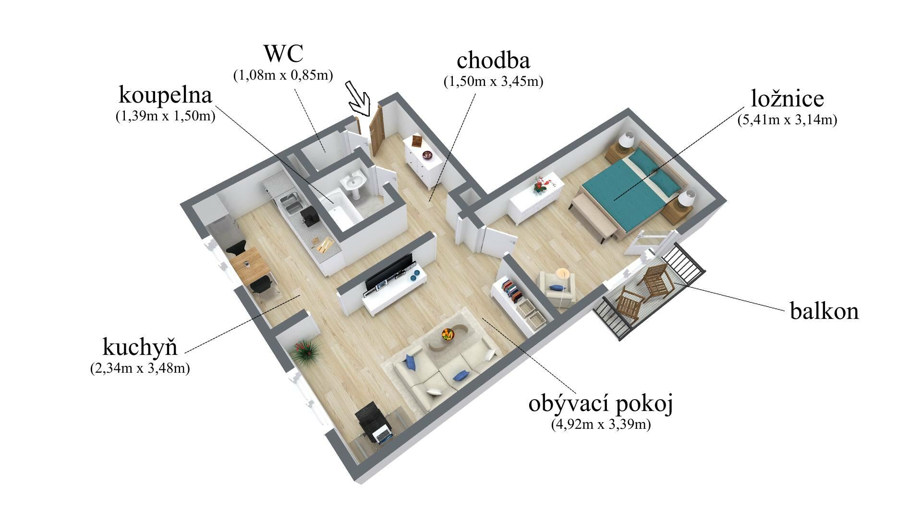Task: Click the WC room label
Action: [x=283, y=54]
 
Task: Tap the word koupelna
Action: [x=165, y=95]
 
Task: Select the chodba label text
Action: [x=493, y=60]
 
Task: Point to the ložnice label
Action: [x=787, y=98]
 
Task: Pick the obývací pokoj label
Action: [x=601, y=404]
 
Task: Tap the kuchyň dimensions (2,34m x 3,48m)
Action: [x=140, y=368]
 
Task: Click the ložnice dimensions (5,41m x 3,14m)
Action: [x=787, y=120]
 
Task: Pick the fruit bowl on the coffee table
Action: [x=448, y=334]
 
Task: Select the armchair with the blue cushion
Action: [x=557, y=288]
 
